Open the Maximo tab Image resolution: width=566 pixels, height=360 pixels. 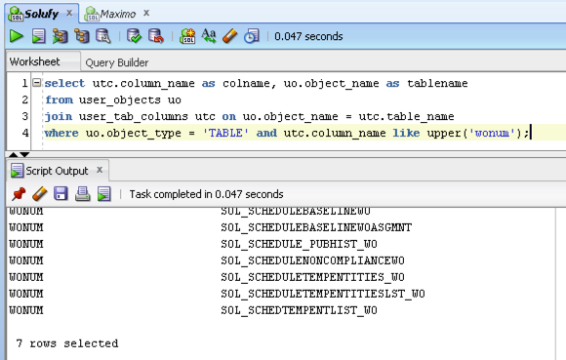click(117, 13)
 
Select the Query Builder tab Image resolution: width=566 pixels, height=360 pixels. click(117, 61)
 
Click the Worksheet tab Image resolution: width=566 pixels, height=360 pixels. click(35, 61)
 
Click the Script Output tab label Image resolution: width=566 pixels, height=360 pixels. click(57, 171)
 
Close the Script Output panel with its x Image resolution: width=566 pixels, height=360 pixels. click(100, 171)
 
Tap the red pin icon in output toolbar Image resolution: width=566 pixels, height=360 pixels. click(18, 194)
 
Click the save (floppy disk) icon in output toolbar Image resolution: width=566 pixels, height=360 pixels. click(61, 194)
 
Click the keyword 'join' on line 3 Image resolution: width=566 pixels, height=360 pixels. click(58, 115)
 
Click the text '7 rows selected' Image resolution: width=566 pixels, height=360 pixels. click(66, 343)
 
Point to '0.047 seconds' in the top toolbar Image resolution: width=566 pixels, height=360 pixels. click(308, 36)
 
